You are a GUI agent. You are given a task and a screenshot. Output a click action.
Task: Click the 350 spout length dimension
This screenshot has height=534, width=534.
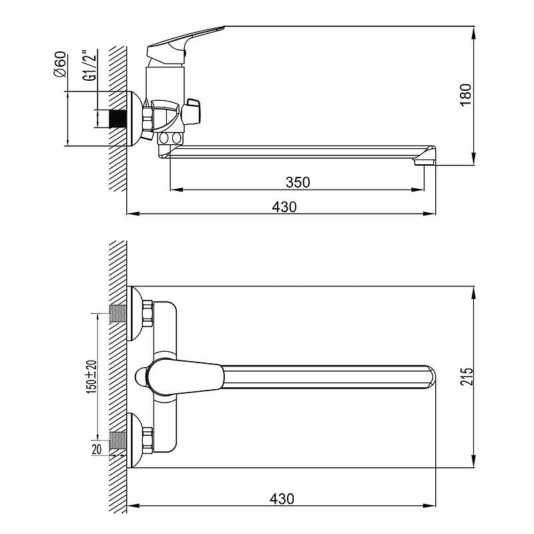click(298, 182)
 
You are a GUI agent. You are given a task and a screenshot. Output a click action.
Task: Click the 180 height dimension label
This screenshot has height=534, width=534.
click(466, 95)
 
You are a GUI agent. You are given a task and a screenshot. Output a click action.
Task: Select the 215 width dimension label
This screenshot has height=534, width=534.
click(467, 376)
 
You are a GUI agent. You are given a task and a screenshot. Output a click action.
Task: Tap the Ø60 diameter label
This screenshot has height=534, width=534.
click(60, 64)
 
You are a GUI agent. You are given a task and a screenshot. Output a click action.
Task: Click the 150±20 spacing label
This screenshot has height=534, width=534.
click(92, 376)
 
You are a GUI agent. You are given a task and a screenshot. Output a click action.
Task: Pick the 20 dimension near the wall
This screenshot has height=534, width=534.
click(96, 449)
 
